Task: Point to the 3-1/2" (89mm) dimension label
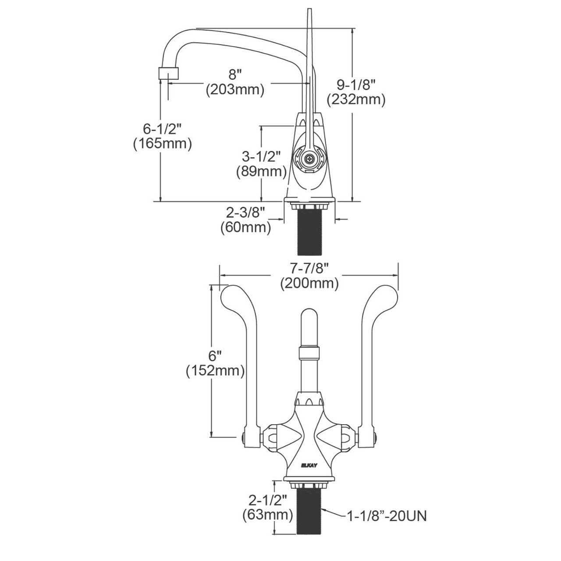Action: coord(261,163)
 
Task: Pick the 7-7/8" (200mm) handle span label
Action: coord(309,276)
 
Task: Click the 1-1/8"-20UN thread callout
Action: coord(386,516)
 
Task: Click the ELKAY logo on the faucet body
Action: coord(309,465)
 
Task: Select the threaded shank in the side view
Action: coord(310,233)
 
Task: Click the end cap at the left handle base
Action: coord(244,437)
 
